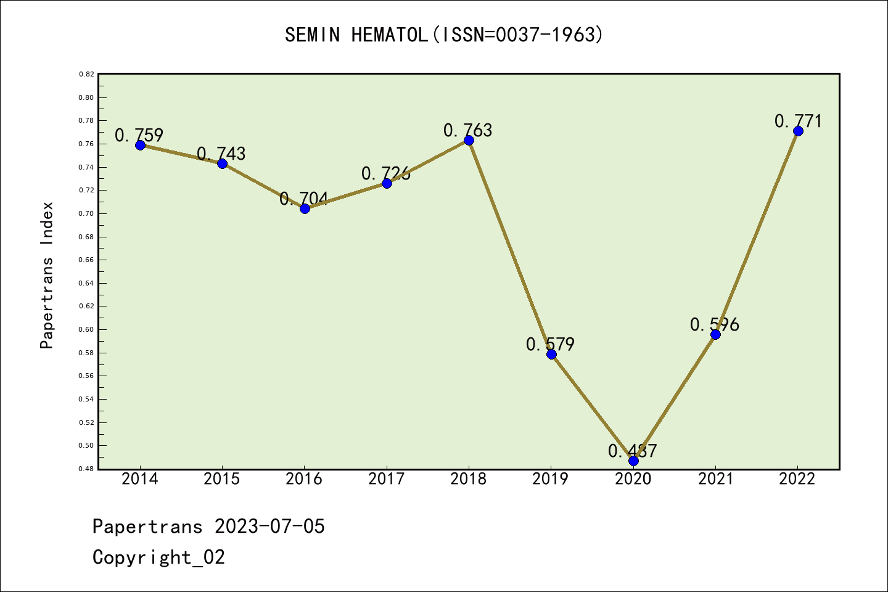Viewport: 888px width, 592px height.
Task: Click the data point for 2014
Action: click(140, 145)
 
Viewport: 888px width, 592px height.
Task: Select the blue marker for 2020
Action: click(633, 461)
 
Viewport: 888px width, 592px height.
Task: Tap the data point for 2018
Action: click(469, 140)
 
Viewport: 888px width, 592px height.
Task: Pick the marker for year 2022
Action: click(798, 131)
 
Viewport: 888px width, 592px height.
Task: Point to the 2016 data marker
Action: click(305, 208)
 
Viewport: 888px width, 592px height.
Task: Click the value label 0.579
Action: click(550, 344)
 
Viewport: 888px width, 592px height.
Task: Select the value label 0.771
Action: click(798, 121)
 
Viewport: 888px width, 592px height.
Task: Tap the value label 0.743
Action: click(221, 154)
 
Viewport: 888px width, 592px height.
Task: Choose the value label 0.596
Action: click(715, 324)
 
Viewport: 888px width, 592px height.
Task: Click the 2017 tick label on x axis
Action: click(386, 479)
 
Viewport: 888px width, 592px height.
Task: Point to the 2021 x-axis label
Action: click(715, 479)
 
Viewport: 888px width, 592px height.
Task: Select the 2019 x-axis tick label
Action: click(551, 479)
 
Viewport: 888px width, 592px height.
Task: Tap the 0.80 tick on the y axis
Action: click(86, 97)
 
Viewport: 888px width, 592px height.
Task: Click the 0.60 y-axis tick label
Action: click(86, 329)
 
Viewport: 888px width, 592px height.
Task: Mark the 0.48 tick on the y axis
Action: click(86, 469)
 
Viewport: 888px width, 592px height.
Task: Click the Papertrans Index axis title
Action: click(47, 275)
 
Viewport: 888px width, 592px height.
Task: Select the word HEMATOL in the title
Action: click(389, 35)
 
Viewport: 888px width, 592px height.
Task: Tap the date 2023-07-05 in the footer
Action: click(269, 527)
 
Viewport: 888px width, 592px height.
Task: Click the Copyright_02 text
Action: click(158, 557)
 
